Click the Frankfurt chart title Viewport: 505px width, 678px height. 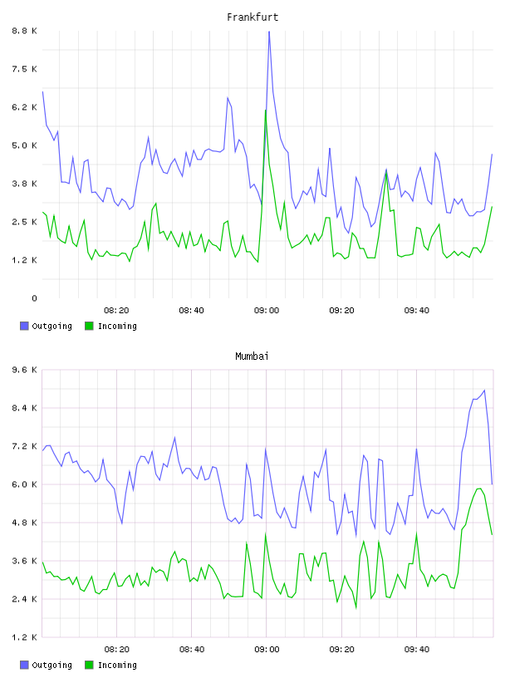coord(252,17)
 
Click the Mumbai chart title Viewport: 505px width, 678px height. coord(252,356)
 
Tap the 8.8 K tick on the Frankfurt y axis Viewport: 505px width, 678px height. coord(24,31)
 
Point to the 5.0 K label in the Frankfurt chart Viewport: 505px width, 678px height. coord(24,145)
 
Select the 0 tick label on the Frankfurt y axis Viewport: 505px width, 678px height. coord(34,298)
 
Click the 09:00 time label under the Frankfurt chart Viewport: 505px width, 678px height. coord(267,311)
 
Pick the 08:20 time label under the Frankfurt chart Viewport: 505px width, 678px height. coord(116,311)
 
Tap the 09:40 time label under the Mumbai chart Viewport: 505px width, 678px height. coord(417,650)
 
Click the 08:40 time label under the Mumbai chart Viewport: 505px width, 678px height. coord(192,650)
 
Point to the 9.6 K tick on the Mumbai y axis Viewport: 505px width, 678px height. coord(24,370)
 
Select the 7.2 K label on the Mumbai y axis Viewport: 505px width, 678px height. coord(24,446)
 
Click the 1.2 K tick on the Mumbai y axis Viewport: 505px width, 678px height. coord(24,637)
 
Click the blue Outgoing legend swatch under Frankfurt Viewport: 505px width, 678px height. coord(24,326)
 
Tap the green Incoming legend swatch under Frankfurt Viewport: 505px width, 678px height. coord(89,326)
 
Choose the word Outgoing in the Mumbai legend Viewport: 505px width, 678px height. coord(51,666)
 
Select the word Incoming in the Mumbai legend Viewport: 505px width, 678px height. coord(117,666)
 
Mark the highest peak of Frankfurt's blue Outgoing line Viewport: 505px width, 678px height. coord(269,32)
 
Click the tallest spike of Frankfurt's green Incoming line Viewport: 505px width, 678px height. coord(266,111)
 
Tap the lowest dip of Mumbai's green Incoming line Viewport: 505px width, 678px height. coord(356,607)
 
